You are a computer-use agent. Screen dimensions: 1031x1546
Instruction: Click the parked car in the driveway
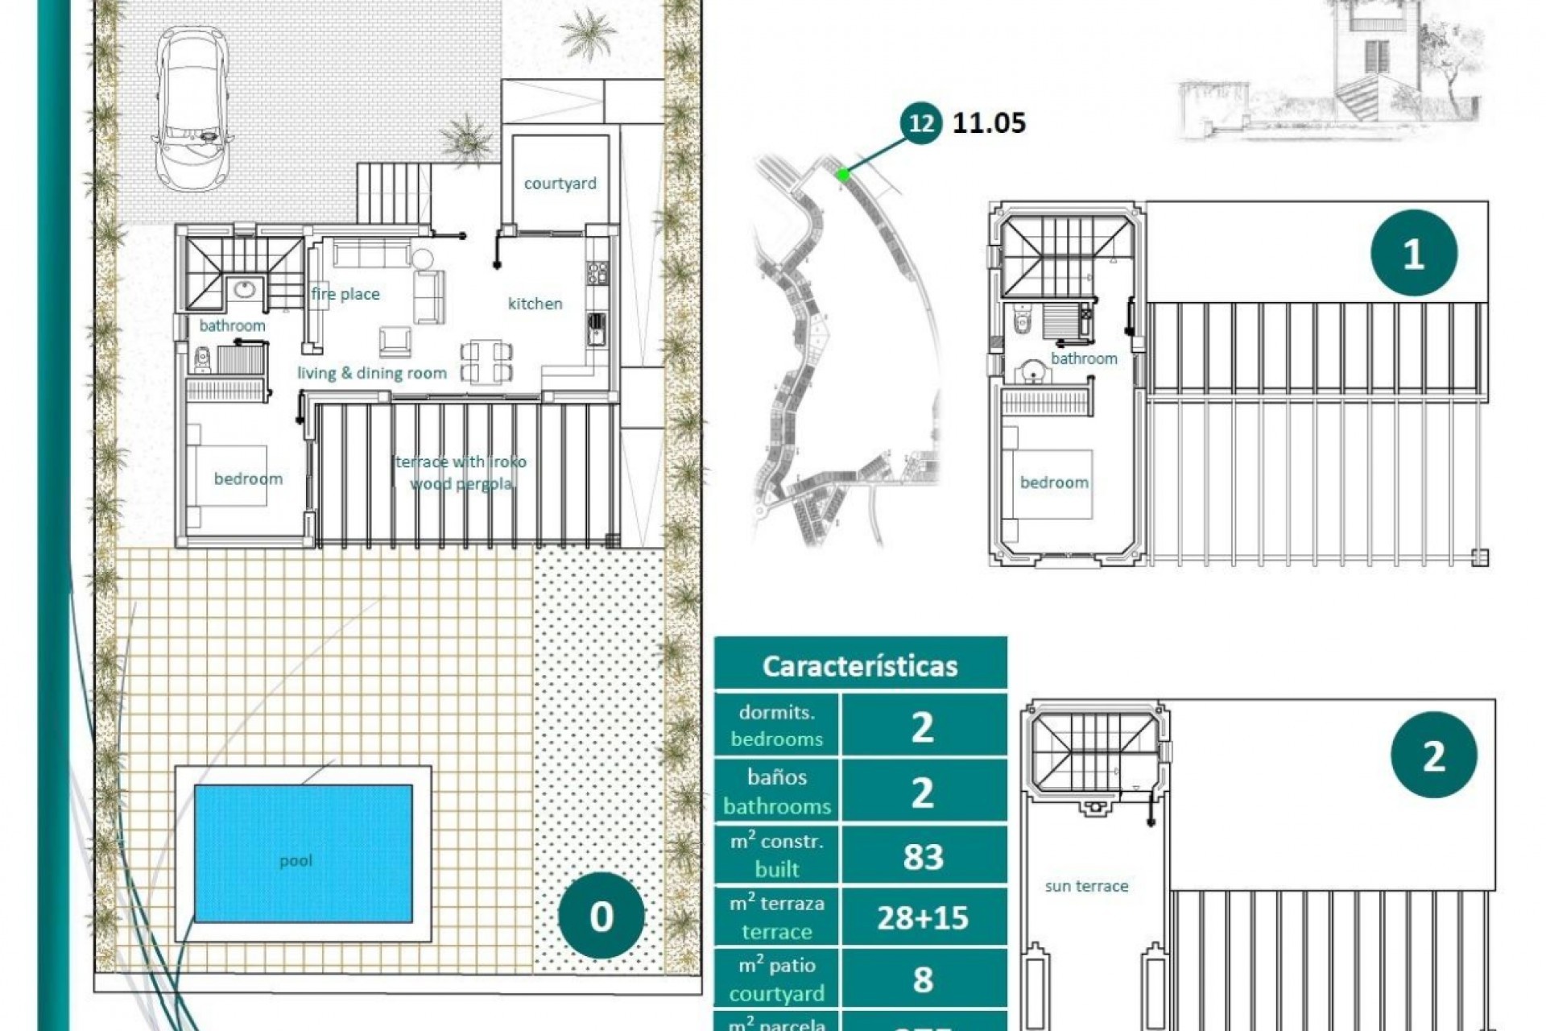(x=192, y=109)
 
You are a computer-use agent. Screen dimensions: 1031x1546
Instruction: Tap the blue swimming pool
(x=303, y=854)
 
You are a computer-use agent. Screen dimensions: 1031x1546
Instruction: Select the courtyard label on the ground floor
(x=560, y=184)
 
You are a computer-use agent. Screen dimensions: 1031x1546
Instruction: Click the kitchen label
(x=535, y=304)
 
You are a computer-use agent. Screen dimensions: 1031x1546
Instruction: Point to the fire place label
(x=345, y=294)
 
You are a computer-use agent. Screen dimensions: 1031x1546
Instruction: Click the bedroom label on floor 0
(x=248, y=478)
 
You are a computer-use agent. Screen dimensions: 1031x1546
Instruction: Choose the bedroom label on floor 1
(x=1054, y=482)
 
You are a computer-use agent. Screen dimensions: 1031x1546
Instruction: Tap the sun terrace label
(x=1086, y=886)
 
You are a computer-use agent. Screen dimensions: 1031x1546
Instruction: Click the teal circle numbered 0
(x=601, y=916)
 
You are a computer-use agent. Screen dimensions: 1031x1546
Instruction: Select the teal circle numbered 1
(x=1413, y=254)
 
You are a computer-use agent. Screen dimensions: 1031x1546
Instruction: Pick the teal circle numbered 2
(x=1433, y=756)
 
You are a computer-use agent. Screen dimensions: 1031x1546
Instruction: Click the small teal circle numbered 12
(x=920, y=123)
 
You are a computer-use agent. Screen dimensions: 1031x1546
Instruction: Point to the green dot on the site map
(x=842, y=174)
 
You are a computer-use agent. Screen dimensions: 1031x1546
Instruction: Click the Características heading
(x=860, y=666)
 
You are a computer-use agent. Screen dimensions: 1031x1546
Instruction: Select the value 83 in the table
(x=923, y=856)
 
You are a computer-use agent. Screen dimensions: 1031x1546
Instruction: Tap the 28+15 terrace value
(x=923, y=917)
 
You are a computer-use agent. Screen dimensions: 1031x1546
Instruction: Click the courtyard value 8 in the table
(x=923, y=979)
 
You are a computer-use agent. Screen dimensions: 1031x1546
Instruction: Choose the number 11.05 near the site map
(x=989, y=123)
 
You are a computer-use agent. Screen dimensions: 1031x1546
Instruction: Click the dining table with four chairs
(x=486, y=362)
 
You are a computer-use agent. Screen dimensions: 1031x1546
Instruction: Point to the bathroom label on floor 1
(x=1084, y=358)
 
